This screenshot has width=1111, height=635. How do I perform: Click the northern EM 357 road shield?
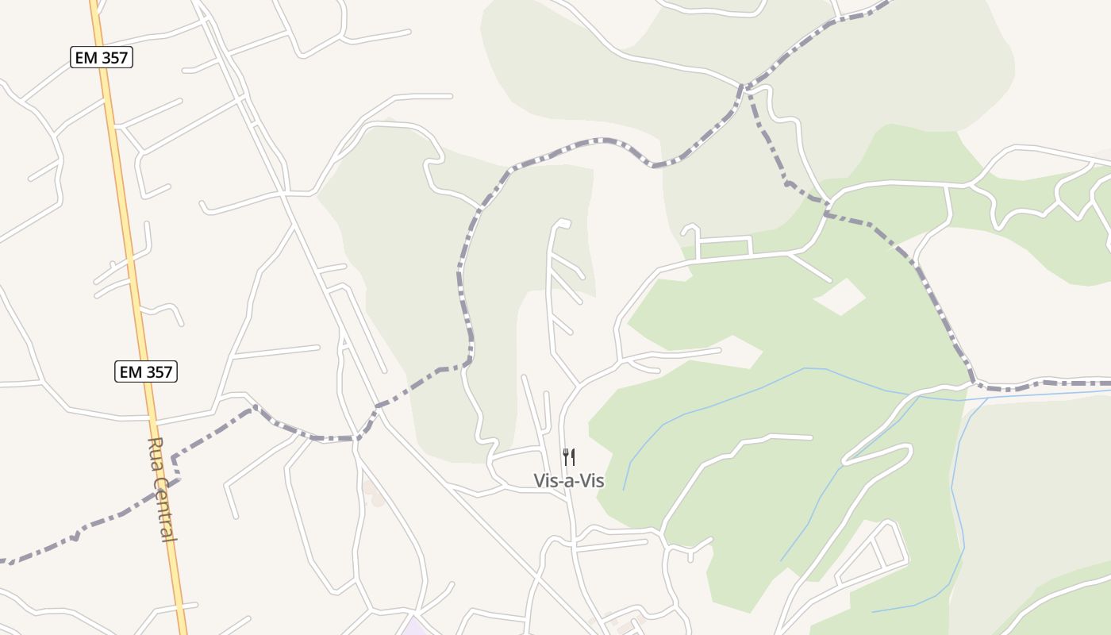(100, 57)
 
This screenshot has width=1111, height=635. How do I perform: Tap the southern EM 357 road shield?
(146, 371)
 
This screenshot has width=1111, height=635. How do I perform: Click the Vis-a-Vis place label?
(568, 480)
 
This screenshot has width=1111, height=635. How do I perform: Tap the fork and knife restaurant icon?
(568, 457)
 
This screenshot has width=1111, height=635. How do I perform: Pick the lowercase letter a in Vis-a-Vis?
(569, 481)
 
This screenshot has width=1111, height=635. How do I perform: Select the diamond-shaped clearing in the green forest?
(840, 296)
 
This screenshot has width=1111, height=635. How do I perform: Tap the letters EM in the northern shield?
(86, 57)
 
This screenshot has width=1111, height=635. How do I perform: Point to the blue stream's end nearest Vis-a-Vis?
(624, 489)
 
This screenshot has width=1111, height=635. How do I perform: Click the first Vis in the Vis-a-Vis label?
(545, 480)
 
